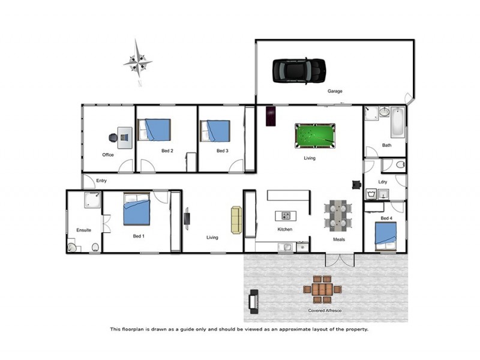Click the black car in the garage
click(299, 70)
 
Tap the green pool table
click(315, 135)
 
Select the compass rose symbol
click(137, 61)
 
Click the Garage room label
click(334, 92)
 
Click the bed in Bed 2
click(155, 130)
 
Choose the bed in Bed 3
click(215, 130)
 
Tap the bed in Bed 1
click(137, 209)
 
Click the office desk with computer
click(125, 137)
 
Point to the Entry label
click(101, 181)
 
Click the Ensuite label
click(83, 230)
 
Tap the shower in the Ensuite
click(92, 200)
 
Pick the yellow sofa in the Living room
click(236, 220)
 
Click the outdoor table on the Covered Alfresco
click(322, 289)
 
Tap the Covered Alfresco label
click(325, 311)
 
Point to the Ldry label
click(383, 182)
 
